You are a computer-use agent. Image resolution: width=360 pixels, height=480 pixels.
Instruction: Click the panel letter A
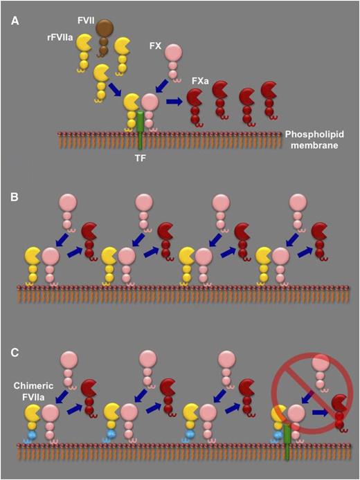[14, 20]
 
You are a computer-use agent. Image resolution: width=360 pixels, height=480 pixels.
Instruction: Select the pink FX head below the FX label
[173, 53]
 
